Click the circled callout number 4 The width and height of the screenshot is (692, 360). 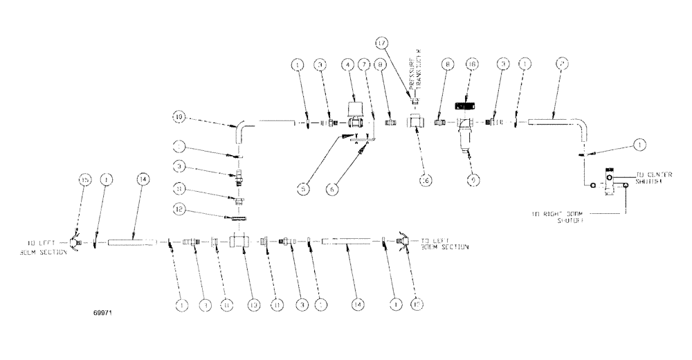[348, 66]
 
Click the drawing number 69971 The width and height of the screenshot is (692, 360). [102, 313]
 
